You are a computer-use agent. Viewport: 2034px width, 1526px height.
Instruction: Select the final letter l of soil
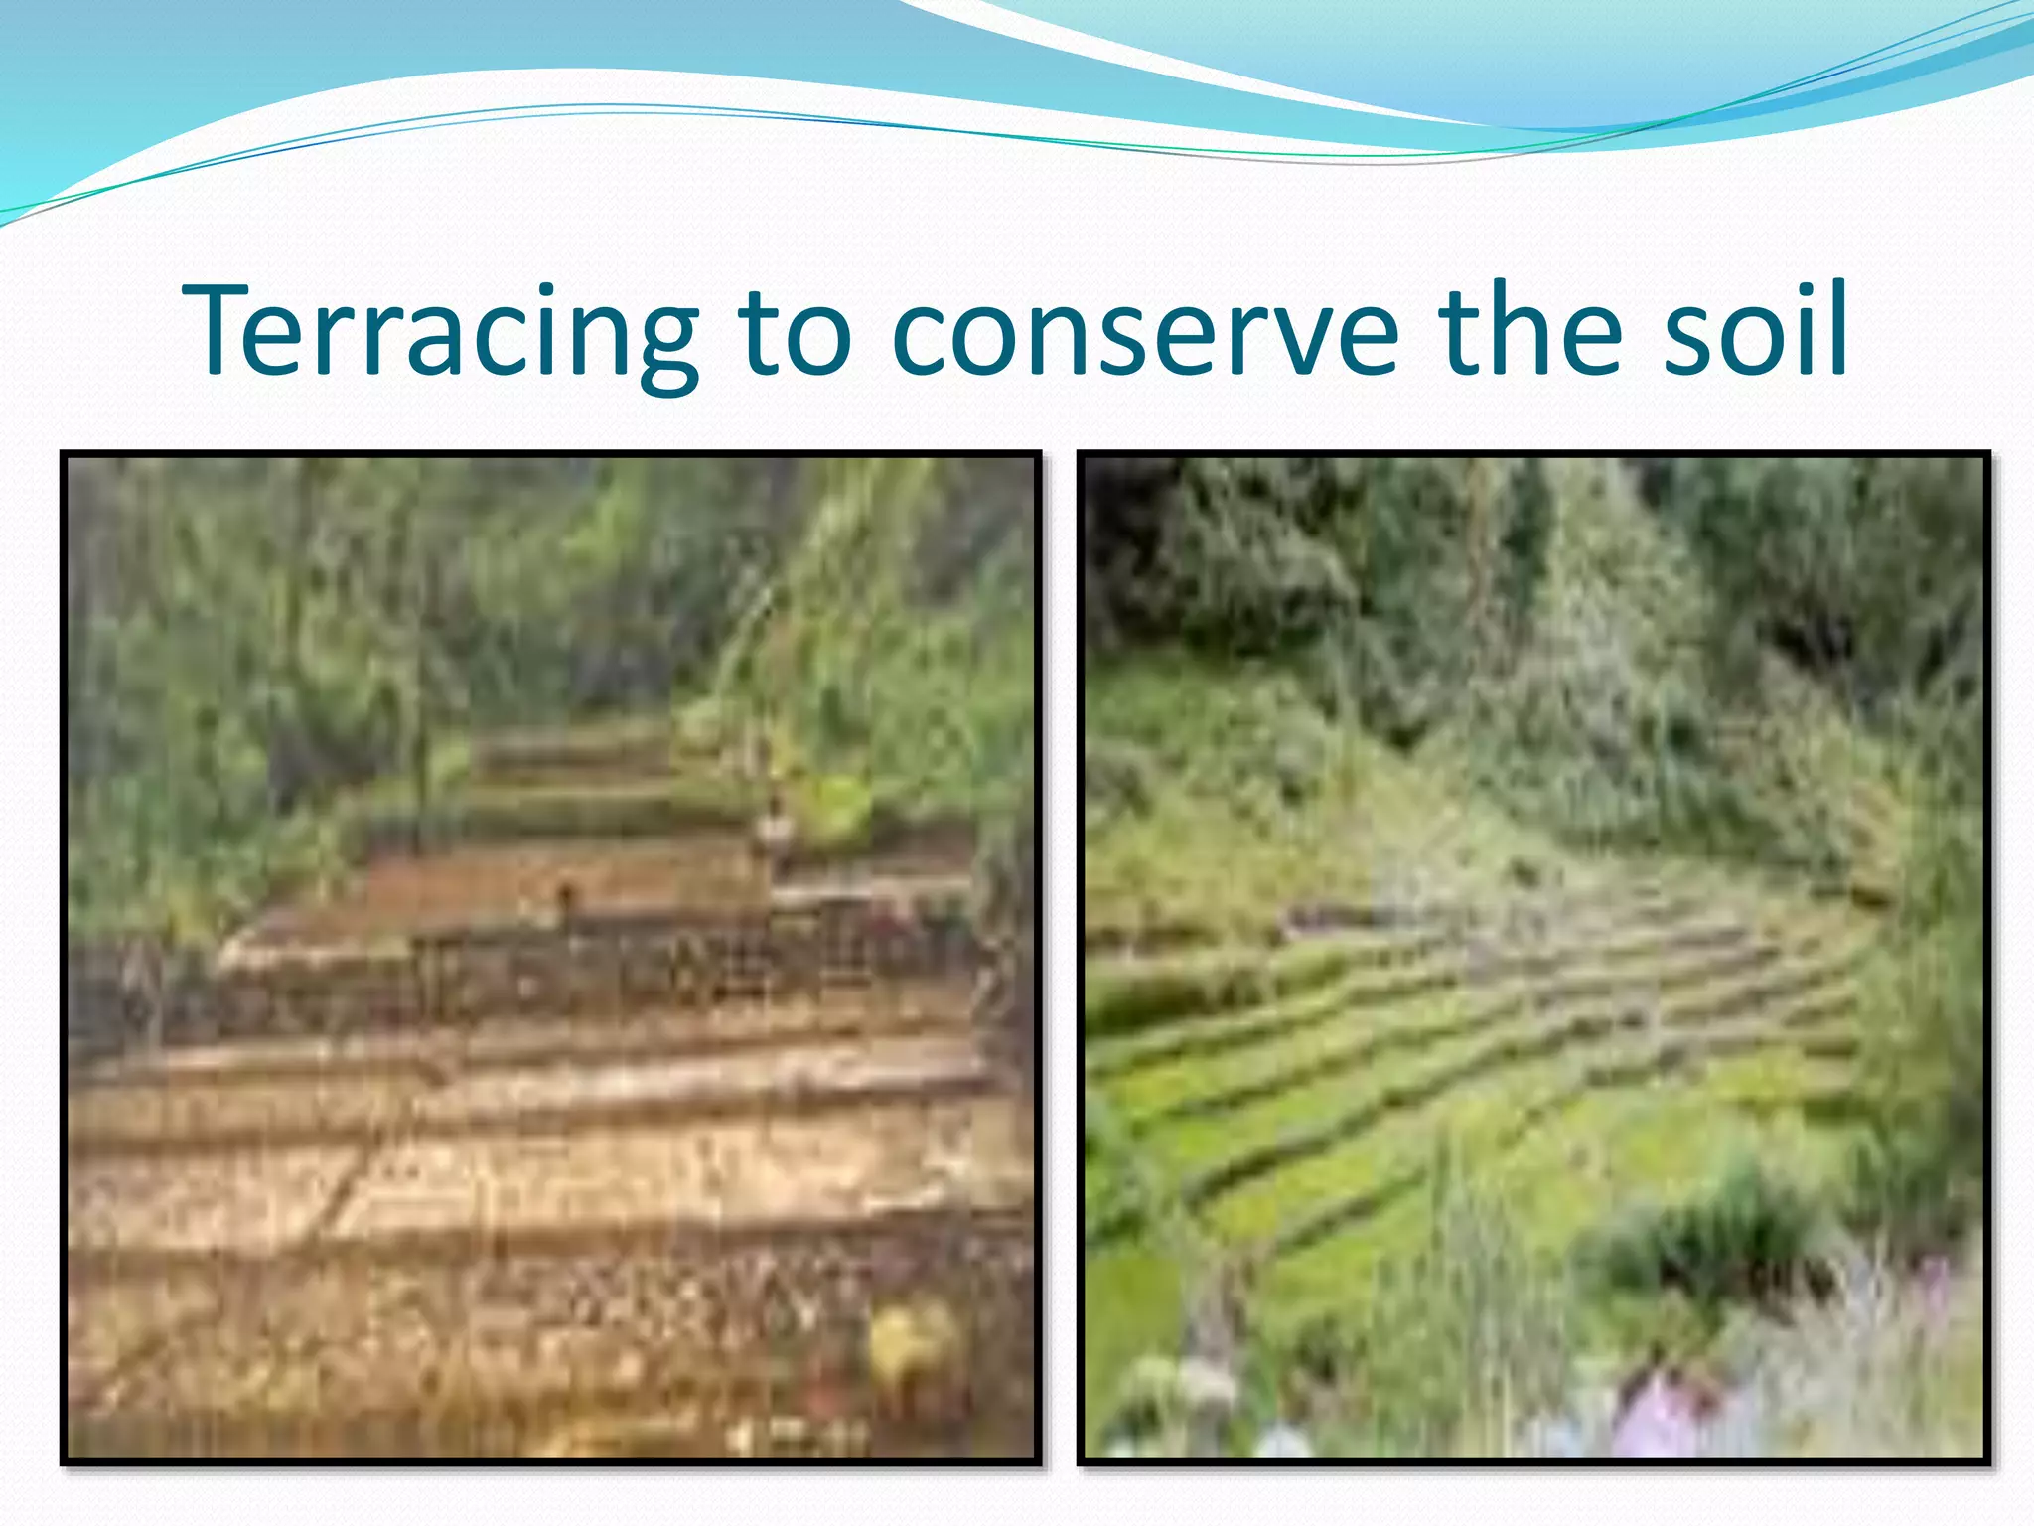[1834, 328]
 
